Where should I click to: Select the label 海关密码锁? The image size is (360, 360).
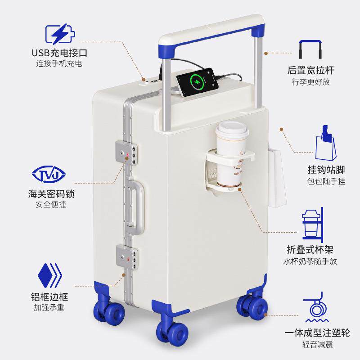pyautogui.click(x=50, y=194)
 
